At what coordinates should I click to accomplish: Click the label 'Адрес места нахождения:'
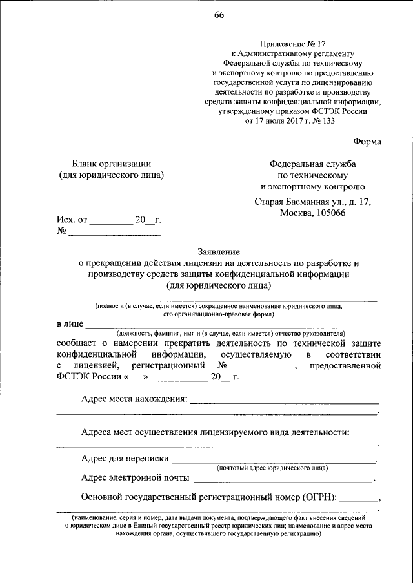pyautogui.click(x=134, y=399)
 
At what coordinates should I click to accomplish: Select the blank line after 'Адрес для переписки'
pyautogui.click(x=274, y=459)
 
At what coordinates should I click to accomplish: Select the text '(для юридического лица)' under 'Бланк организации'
pyautogui.click(x=111, y=175)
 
